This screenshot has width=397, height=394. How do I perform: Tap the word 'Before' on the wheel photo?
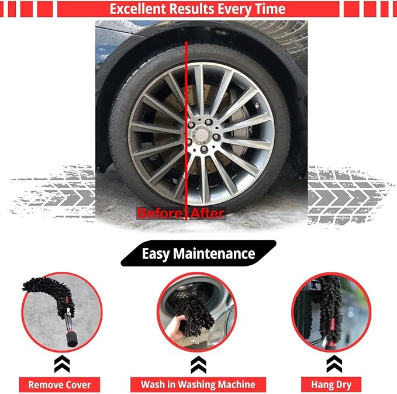click(159, 213)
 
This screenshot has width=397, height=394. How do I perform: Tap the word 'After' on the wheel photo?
click(207, 213)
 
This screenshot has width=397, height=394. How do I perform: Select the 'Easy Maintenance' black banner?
click(198, 254)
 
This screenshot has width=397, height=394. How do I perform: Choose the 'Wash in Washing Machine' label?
click(198, 385)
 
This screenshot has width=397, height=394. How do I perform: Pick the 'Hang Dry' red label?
click(331, 385)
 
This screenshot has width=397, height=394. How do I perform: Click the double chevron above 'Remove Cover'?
click(62, 364)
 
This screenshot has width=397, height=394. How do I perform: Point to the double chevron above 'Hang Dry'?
click(334, 364)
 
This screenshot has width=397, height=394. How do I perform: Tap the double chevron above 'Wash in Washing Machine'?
click(198, 364)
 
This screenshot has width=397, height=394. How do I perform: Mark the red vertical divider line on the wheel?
click(187, 129)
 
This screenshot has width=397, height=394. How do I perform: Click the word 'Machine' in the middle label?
click(236, 385)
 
